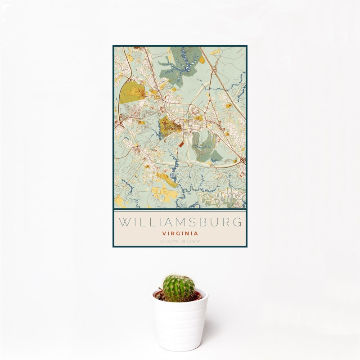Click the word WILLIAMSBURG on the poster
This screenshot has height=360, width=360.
pyautogui.click(x=180, y=222)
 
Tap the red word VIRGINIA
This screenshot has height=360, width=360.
pyautogui.click(x=180, y=234)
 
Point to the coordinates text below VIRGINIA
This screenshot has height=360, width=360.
pyautogui.click(x=180, y=242)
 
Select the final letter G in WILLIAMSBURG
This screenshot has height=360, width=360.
pyautogui.click(x=238, y=222)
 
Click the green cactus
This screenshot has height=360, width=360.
pyautogui.click(x=179, y=288)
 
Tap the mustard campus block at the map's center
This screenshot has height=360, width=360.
pyautogui.click(x=169, y=126)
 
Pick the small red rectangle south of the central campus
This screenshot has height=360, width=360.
pyautogui.click(x=181, y=144)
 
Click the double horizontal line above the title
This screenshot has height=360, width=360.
pyautogui.click(x=180, y=210)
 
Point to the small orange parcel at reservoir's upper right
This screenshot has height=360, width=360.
pyautogui.click(x=202, y=60)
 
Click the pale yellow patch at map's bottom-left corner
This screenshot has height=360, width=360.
pyautogui.click(x=119, y=200)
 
